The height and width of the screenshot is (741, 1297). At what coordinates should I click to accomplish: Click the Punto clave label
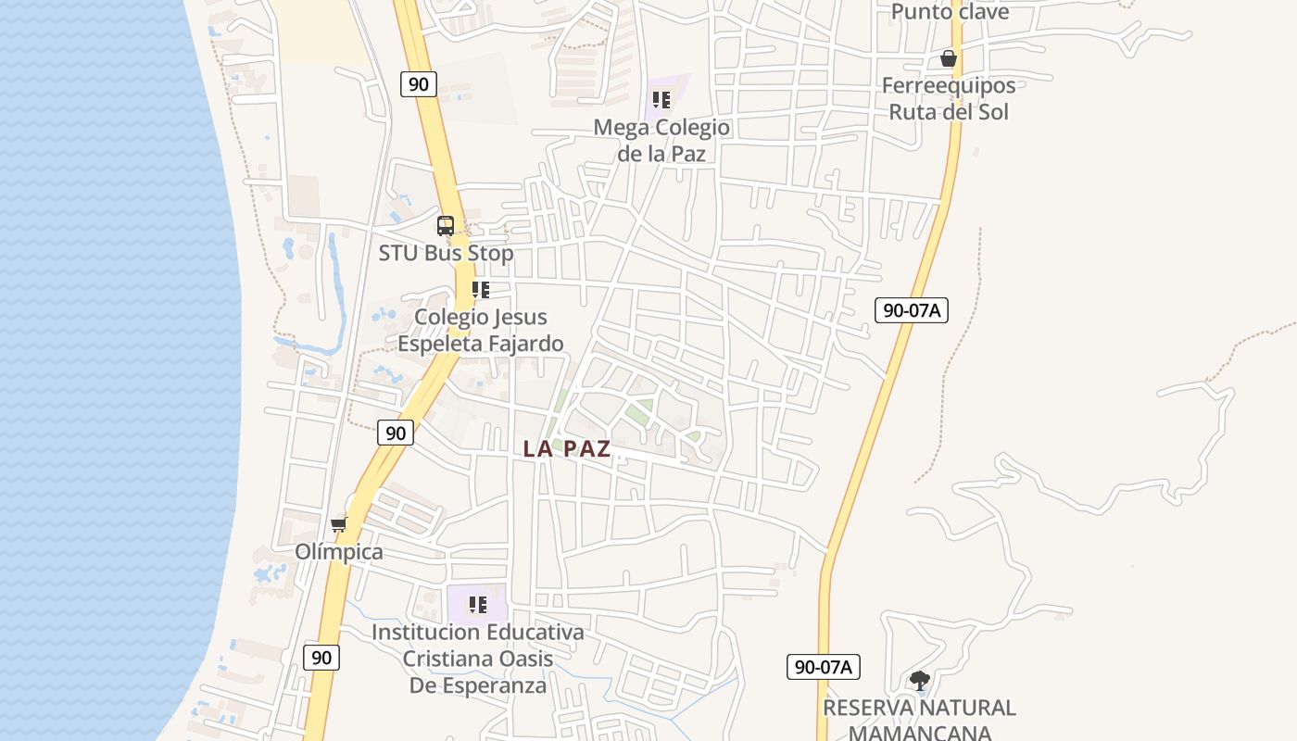coord(950,12)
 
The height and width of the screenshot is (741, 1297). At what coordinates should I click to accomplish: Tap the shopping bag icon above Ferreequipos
coord(949,58)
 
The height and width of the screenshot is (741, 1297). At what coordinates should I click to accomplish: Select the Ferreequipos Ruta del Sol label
coord(949,98)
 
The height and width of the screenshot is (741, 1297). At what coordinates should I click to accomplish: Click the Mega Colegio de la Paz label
coord(661,140)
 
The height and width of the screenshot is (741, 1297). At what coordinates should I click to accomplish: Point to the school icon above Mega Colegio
coord(661,99)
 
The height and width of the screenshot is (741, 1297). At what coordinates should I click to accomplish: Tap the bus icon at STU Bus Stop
coord(446,225)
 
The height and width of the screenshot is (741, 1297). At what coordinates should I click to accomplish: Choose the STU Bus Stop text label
coord(446,253)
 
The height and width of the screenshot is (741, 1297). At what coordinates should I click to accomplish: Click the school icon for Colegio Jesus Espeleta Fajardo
coord(480,290)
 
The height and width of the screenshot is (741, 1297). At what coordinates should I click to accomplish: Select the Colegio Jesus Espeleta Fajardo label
coord(480,330)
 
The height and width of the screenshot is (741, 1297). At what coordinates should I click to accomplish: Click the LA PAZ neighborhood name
coord(567,449)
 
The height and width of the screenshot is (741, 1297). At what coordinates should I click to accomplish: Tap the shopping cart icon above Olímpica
coord(339,525)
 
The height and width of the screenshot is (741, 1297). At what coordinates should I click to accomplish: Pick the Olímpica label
coord(339,552)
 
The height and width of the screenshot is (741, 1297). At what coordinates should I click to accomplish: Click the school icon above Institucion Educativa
coord(477,605)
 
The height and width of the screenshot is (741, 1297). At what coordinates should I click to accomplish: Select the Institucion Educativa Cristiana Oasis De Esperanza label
coord(477,659)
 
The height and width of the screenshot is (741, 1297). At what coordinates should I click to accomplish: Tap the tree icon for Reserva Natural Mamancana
coord(919,681)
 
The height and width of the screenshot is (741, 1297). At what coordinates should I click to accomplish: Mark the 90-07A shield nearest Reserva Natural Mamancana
coord(824,666)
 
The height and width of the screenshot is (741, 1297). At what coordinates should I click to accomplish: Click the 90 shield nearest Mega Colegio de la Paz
coord(419,84)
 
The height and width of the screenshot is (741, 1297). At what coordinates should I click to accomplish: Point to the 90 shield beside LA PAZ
coord(396,433)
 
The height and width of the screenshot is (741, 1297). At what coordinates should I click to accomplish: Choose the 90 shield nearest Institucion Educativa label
coord(321,658)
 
